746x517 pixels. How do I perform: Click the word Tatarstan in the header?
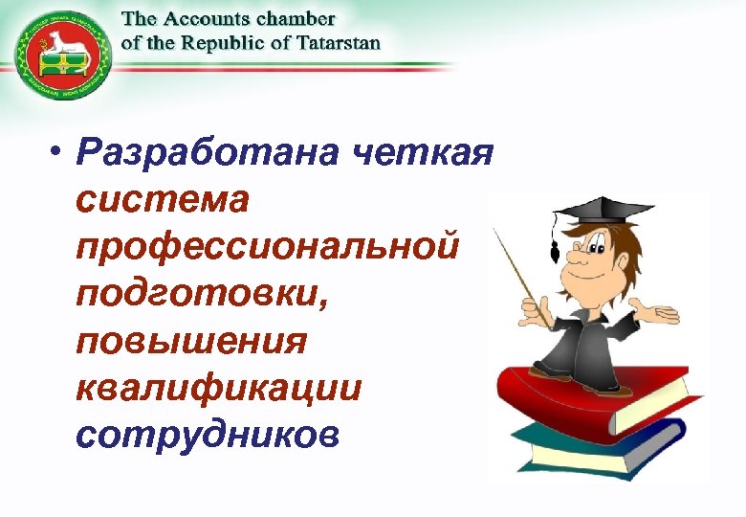[x=340, y=42]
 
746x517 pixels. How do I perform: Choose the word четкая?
[x=422, y=152]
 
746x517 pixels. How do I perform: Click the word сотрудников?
[x=208, y=436]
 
